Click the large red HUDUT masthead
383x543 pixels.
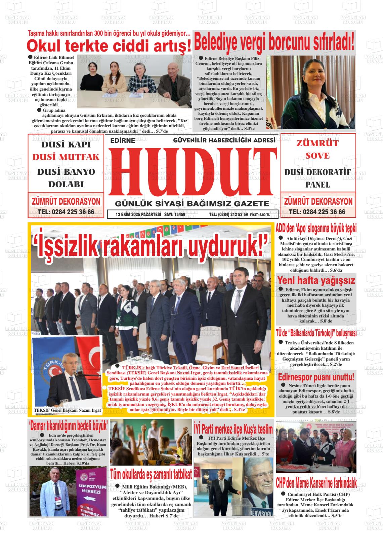[193, 172]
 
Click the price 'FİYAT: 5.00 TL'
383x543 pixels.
[260, 215]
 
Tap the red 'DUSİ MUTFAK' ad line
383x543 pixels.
[66, 157]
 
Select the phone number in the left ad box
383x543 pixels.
[66, 212]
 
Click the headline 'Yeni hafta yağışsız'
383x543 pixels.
[316, 280]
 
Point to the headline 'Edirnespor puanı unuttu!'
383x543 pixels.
[316, 377]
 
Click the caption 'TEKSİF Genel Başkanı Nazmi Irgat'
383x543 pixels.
[67, 410]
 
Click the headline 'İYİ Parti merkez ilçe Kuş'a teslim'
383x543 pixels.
[233, 429]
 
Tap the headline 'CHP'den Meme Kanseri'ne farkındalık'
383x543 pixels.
[316, 483]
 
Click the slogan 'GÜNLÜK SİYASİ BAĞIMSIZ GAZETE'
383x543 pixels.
[192, 204]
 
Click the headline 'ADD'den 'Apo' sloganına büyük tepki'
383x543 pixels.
[316, 228]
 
